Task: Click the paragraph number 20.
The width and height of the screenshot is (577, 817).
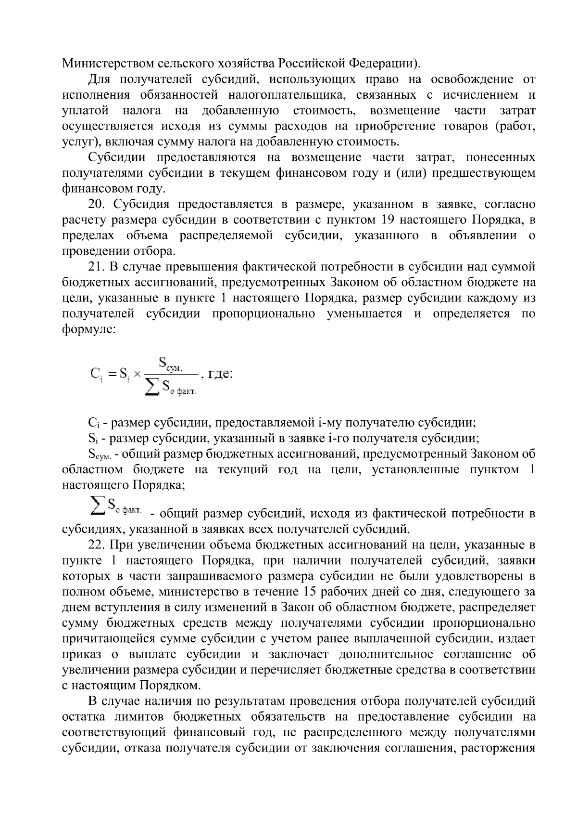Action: tap(98, 205)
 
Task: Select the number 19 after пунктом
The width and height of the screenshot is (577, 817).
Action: tap(389, 220)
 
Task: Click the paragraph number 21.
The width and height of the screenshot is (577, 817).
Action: tap(97, 267)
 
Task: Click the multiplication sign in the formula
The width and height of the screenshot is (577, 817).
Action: tap(137, 374)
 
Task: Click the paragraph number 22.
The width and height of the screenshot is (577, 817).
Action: tap(98, 545)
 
